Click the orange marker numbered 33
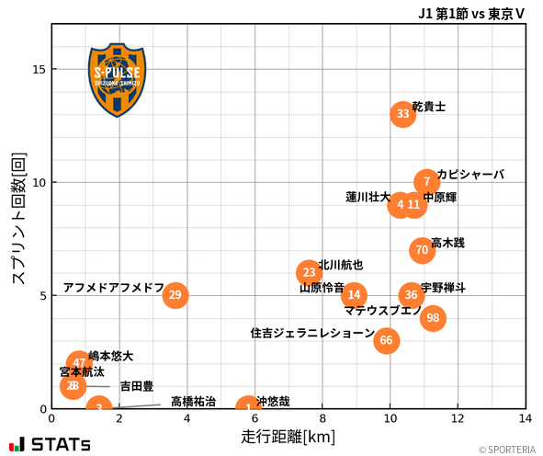402,114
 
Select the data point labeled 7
426,182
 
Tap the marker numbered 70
422,249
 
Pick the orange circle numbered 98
433,318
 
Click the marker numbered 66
386,340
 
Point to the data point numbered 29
175,295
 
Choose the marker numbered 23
310,272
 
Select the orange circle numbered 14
354,295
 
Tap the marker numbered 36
411,295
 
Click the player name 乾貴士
429,107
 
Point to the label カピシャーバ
470,175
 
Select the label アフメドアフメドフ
113,288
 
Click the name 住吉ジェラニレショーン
312,333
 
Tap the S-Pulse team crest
117,79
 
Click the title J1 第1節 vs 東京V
471,14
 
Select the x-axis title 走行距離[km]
288,436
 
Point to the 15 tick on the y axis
38,69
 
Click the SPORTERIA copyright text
506,450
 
